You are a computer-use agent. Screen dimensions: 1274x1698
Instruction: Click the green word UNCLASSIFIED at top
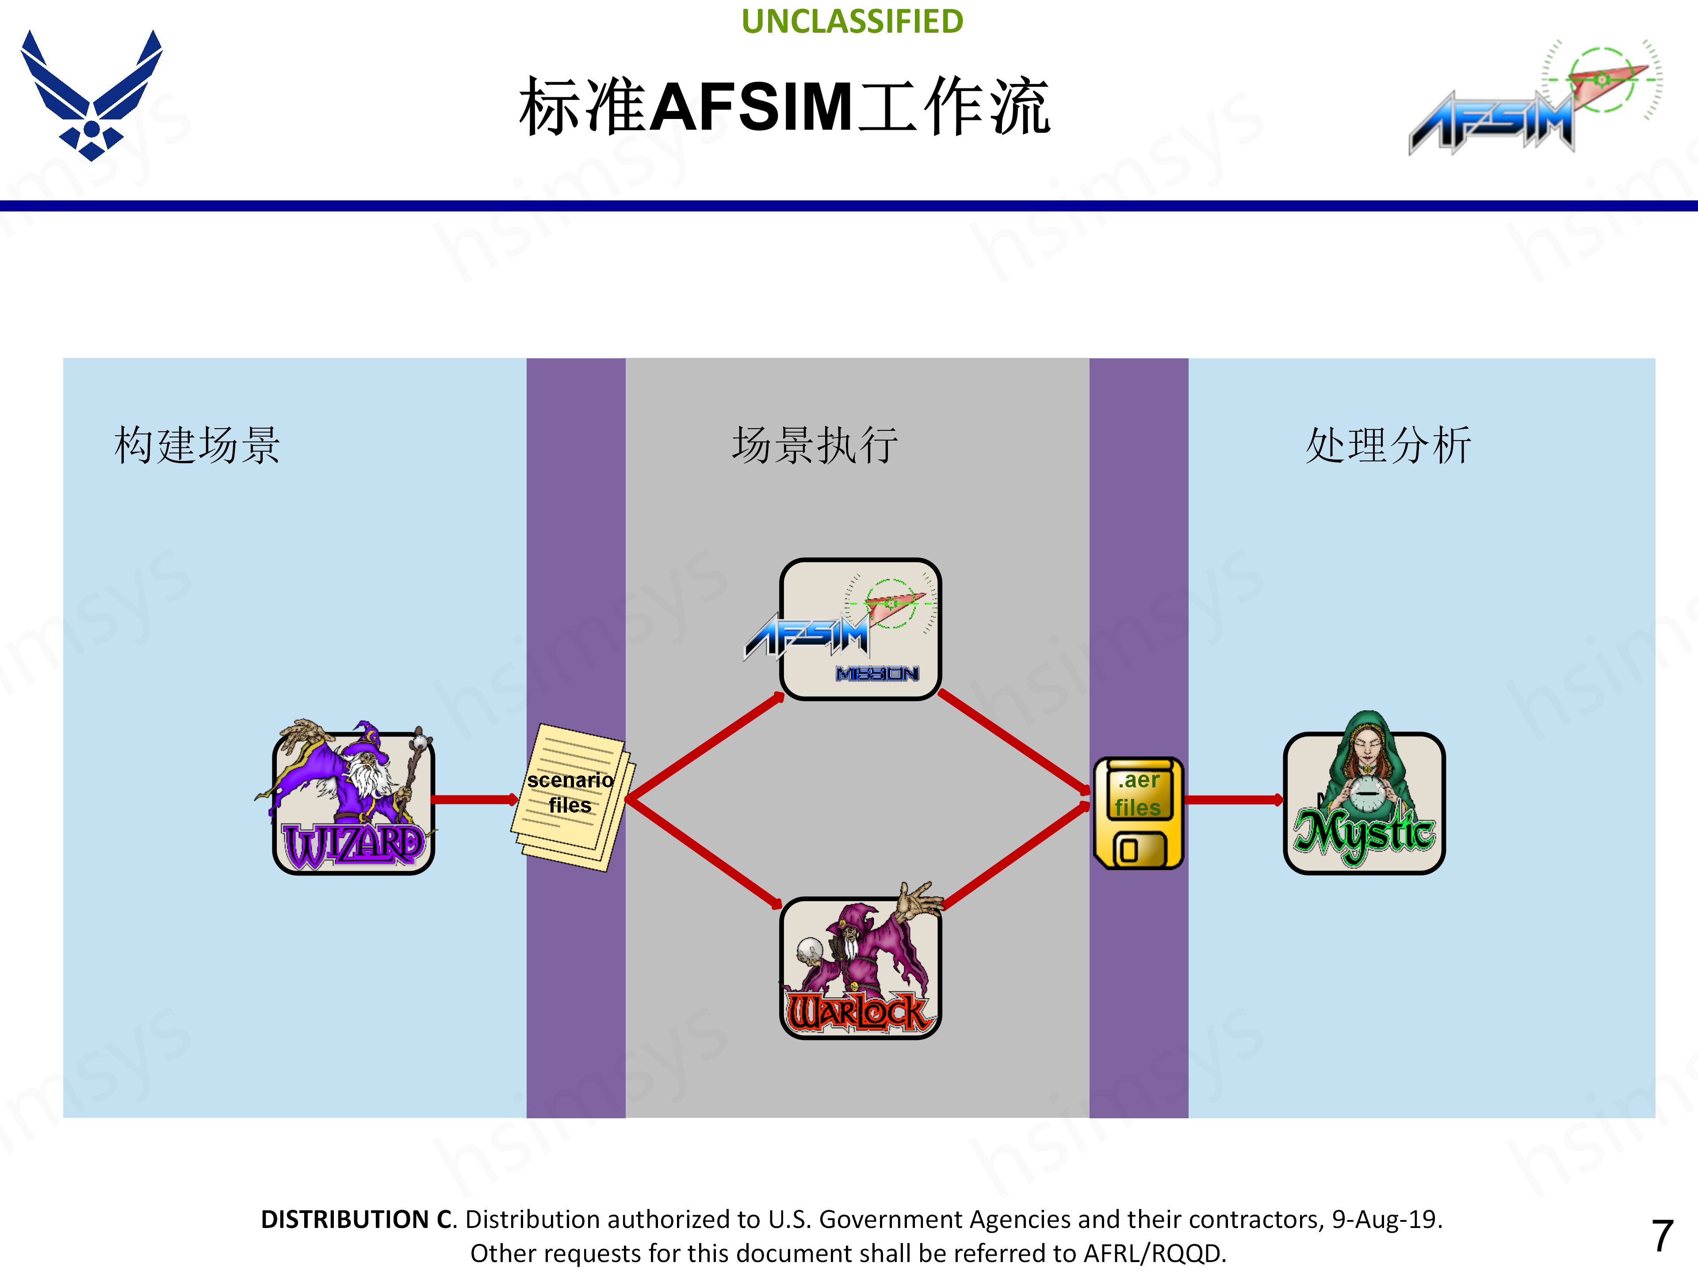[x=852, y=22]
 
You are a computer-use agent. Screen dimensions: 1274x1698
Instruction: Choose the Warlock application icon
[x=860, y=967]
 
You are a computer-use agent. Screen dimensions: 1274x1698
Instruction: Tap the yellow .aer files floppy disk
[x=1138, y=813]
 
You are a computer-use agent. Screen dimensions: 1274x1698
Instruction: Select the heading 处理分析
[x=1388, y=445]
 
